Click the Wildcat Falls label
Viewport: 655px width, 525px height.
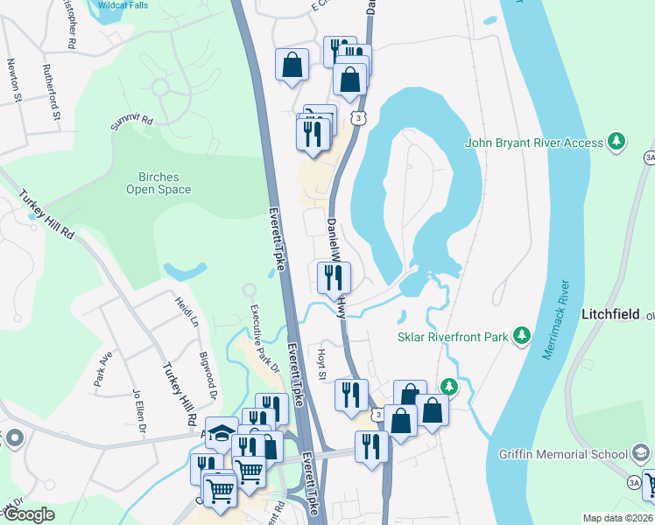(x=123, y=4)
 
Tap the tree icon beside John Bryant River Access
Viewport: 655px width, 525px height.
(x=617, y=143)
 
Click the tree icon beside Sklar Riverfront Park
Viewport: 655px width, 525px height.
(x=522, y=334)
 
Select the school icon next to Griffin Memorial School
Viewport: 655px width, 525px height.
(x=641, y=453)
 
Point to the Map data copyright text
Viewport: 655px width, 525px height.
(x=616, y=518)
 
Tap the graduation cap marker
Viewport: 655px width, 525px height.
(x=222, y=431)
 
